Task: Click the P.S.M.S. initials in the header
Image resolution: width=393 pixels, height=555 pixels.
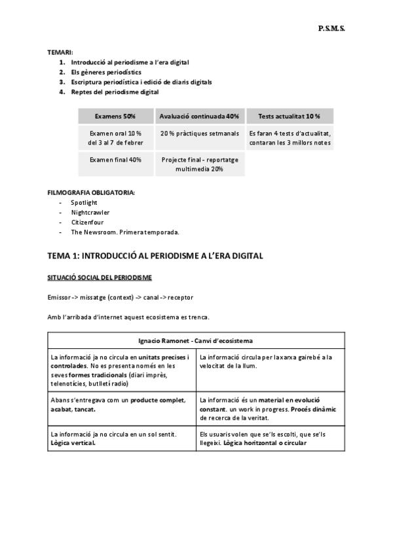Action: (331, 29)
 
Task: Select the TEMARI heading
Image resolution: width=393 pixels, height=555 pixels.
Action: (60, 52)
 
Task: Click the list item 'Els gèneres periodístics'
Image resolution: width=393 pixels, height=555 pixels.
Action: (105, 72)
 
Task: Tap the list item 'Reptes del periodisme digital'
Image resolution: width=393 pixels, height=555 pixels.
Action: (115, 92)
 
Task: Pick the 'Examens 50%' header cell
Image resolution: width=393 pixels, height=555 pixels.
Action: (115, 116)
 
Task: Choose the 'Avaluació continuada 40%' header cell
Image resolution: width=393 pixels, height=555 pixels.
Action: (199, 116)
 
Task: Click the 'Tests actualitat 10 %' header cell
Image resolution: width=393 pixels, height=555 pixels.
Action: (289, 116)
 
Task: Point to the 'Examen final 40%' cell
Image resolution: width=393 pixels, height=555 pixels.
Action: (115, 159)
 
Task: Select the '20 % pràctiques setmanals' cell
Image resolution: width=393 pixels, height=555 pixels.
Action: (199, 133)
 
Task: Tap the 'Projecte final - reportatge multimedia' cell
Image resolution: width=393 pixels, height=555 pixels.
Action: (199, 164)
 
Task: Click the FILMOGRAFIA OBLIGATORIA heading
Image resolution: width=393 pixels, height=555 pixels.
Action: (91, 193)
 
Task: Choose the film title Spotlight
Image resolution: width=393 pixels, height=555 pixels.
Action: (84, 203)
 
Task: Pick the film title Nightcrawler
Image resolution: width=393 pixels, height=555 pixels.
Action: (90, 213)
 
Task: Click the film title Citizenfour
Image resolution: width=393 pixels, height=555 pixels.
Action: (88, 223)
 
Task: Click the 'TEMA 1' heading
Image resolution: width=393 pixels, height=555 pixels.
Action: (155, 256)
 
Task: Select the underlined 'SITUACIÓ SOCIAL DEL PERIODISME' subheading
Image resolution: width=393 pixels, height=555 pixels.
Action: (100, 277)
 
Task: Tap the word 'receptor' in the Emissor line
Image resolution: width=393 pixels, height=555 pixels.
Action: (180, 298)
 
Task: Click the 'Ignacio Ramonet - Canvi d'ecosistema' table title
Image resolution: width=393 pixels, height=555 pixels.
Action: (196, 341)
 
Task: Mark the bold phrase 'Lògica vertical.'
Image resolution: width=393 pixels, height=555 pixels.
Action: (73, 443)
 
